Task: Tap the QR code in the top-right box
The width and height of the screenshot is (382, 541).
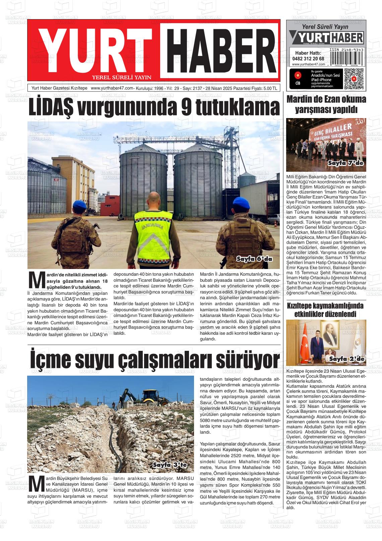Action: [354, 78]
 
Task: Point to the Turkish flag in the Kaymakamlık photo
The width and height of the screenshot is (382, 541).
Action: [306, 339]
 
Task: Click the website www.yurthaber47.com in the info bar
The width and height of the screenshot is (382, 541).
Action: [112, 88]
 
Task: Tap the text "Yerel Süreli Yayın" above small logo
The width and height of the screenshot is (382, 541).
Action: [325, 27]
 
